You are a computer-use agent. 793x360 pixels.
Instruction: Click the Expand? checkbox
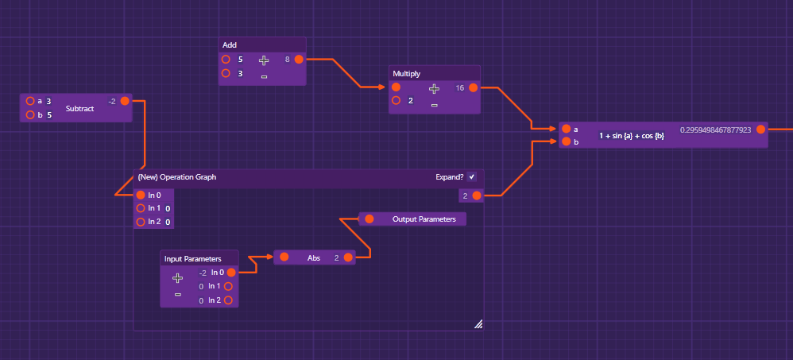[472, 176]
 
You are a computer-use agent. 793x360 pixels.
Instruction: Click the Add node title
[230, 45]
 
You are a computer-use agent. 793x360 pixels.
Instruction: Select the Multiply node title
[408, 73]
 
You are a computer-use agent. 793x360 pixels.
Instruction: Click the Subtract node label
[79, 108]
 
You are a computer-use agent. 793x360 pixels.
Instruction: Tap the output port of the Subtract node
[125, 101]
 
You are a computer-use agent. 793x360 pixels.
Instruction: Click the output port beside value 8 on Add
[299, 59]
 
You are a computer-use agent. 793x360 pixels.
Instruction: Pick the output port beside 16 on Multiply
[473, 87]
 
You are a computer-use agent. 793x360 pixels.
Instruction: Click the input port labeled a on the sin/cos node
[566, 129]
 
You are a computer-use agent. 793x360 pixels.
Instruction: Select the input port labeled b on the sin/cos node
[566, 142]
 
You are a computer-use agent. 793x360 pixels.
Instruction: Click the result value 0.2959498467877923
[715, 129]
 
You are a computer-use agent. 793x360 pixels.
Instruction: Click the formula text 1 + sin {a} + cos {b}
[631, 136]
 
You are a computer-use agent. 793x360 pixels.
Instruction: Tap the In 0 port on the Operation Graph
[141, 195]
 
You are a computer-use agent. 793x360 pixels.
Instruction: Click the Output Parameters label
[424, 219]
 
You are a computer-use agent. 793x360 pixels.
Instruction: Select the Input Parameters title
[188, 258]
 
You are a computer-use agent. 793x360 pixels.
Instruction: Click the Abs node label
[313, 257]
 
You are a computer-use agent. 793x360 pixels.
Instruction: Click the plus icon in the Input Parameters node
[177, 278]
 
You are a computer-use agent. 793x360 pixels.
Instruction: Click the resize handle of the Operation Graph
[478, 323]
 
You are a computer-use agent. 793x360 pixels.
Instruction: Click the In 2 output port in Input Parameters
[228, 300]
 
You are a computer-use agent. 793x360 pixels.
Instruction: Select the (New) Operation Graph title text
[176, 177]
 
